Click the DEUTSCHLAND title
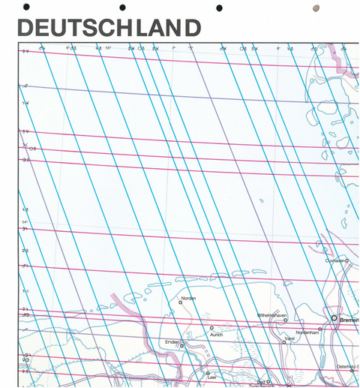[109, 28]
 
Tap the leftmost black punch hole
[28, 7]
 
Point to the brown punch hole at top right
[316, 8]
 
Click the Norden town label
[187, 298]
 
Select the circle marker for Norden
[181, 303]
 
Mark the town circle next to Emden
[181, 346]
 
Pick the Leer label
[212, 377]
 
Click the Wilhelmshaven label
[272, 314]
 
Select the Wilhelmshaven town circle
[285, 320]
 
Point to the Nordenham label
[307, 332]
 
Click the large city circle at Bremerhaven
[334, 318]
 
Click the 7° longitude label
[173, 48]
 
